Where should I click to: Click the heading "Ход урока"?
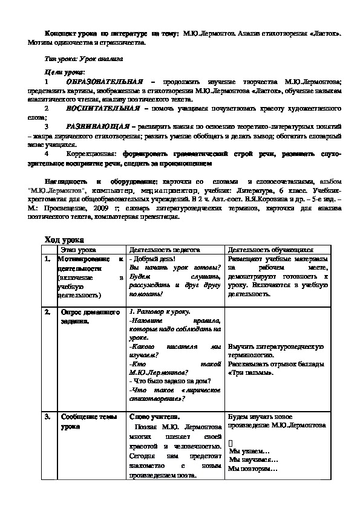pos(65,239)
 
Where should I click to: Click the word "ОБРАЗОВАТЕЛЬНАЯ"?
pos(104,81)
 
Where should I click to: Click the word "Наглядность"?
pos(66,181)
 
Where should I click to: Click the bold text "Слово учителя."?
pos(154,417)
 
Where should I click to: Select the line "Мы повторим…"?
pos(254,468)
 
